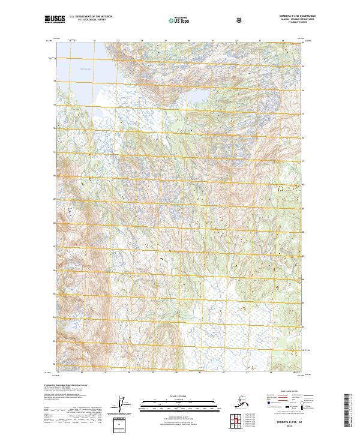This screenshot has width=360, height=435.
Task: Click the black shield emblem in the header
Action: [240, 20]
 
